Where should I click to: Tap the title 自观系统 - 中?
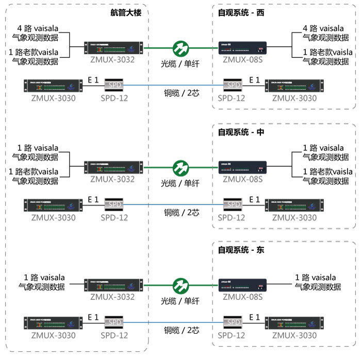tap(241, 132)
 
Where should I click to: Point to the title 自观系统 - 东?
tap(241, 250)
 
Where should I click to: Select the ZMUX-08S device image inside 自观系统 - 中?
tap(242, 167)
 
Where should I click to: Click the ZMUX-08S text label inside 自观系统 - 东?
tap(242, 297)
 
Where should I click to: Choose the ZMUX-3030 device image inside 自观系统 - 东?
tap(294, 323)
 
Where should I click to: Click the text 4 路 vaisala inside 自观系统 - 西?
tap(323, 29)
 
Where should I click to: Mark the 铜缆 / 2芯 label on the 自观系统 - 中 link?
tap(182, 212)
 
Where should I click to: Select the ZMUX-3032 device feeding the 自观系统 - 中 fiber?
tap(112, 167)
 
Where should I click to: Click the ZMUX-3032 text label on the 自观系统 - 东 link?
tap(112, 297)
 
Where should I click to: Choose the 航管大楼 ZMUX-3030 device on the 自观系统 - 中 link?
tap(53, 204)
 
